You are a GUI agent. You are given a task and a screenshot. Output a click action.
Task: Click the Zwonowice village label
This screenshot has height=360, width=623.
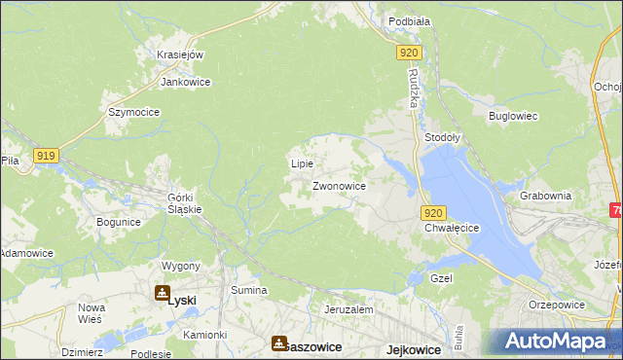point(339,185)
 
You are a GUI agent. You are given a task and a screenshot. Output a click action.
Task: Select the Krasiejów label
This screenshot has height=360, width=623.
point(180,54)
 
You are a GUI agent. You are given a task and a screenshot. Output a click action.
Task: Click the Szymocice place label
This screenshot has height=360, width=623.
point(134,112)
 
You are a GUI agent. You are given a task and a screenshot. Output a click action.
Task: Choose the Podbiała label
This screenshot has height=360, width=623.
point(409,20)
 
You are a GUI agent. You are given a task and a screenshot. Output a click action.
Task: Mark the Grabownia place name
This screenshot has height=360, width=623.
point(545,195)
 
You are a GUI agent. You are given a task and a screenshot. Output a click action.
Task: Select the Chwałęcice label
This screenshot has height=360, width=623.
point(453,228)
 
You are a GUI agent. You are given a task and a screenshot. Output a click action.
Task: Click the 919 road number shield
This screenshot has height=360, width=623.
point(46,155)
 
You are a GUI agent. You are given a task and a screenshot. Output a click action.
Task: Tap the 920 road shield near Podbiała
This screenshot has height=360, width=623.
point(409,54)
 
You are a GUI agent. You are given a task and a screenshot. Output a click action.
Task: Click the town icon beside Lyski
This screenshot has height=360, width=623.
point(161,292)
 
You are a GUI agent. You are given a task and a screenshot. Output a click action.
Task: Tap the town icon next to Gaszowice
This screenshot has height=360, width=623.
point(280,343)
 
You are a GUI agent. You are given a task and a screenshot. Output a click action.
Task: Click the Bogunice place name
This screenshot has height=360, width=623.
point(119,222)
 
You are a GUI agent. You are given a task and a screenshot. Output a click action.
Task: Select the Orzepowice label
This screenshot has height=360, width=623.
point(557,304)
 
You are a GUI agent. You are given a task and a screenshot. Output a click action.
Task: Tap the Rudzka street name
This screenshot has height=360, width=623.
point(414,90)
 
